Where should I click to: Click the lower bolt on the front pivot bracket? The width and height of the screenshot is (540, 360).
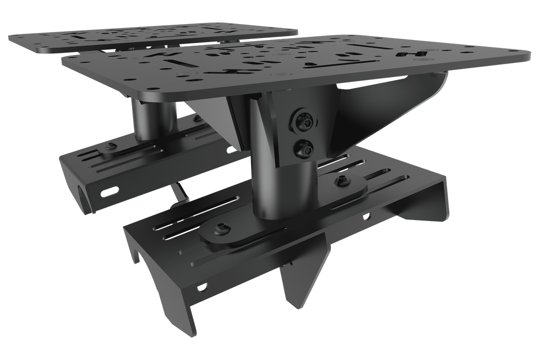pos(303,147)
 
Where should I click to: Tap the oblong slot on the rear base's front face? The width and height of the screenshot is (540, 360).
pos(109,191)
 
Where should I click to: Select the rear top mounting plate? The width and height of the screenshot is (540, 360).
pos(150,37)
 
